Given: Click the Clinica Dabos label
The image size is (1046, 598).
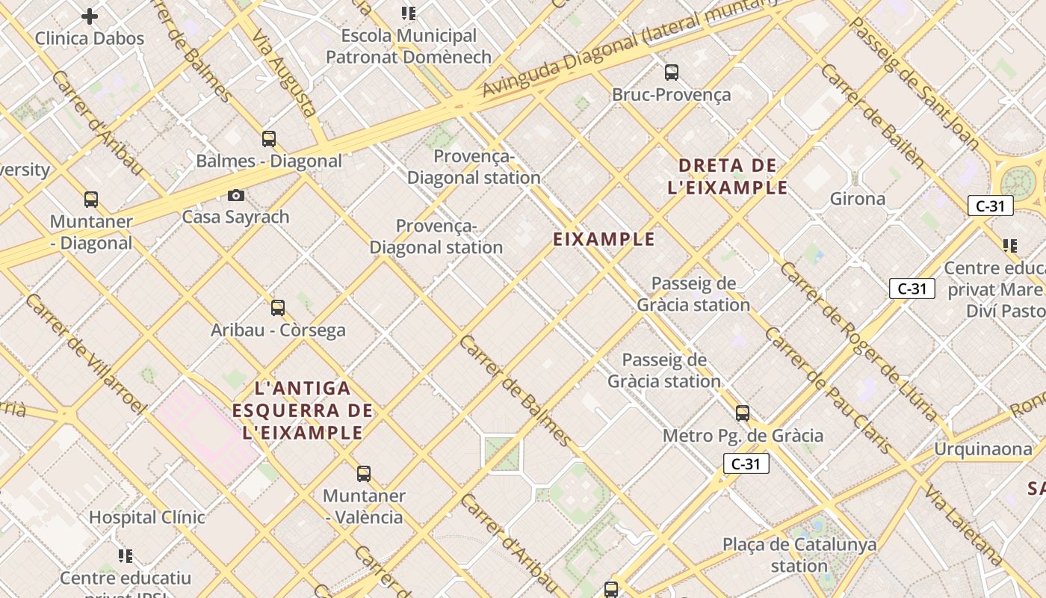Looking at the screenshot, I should coord(90,38).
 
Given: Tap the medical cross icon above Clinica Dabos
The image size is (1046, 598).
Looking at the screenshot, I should coord(90,16).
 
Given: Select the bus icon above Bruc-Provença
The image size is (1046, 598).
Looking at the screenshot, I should coord(672,73).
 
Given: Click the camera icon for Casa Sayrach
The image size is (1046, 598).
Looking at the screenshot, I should coord(236,196).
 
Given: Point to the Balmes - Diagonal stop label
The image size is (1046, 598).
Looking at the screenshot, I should coord(269,161).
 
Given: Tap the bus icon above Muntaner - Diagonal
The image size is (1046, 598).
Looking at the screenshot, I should coord(91,200).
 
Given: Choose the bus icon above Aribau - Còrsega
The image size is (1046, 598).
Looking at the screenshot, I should coord(278,307).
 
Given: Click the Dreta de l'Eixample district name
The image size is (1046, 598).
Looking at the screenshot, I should coord(728,176).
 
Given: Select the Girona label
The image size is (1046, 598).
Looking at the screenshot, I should coord(858,199).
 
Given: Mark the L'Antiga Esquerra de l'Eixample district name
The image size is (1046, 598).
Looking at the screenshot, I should coord(303,410).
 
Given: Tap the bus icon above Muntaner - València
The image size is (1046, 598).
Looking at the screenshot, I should coord(364,473).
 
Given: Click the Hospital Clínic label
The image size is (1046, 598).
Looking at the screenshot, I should coord(147,517).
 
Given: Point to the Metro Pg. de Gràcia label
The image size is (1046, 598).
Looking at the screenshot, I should coord(743,436).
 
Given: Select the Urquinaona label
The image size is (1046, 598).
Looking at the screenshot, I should coord(983,449).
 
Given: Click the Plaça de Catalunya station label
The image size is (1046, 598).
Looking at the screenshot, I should coord(799,555).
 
